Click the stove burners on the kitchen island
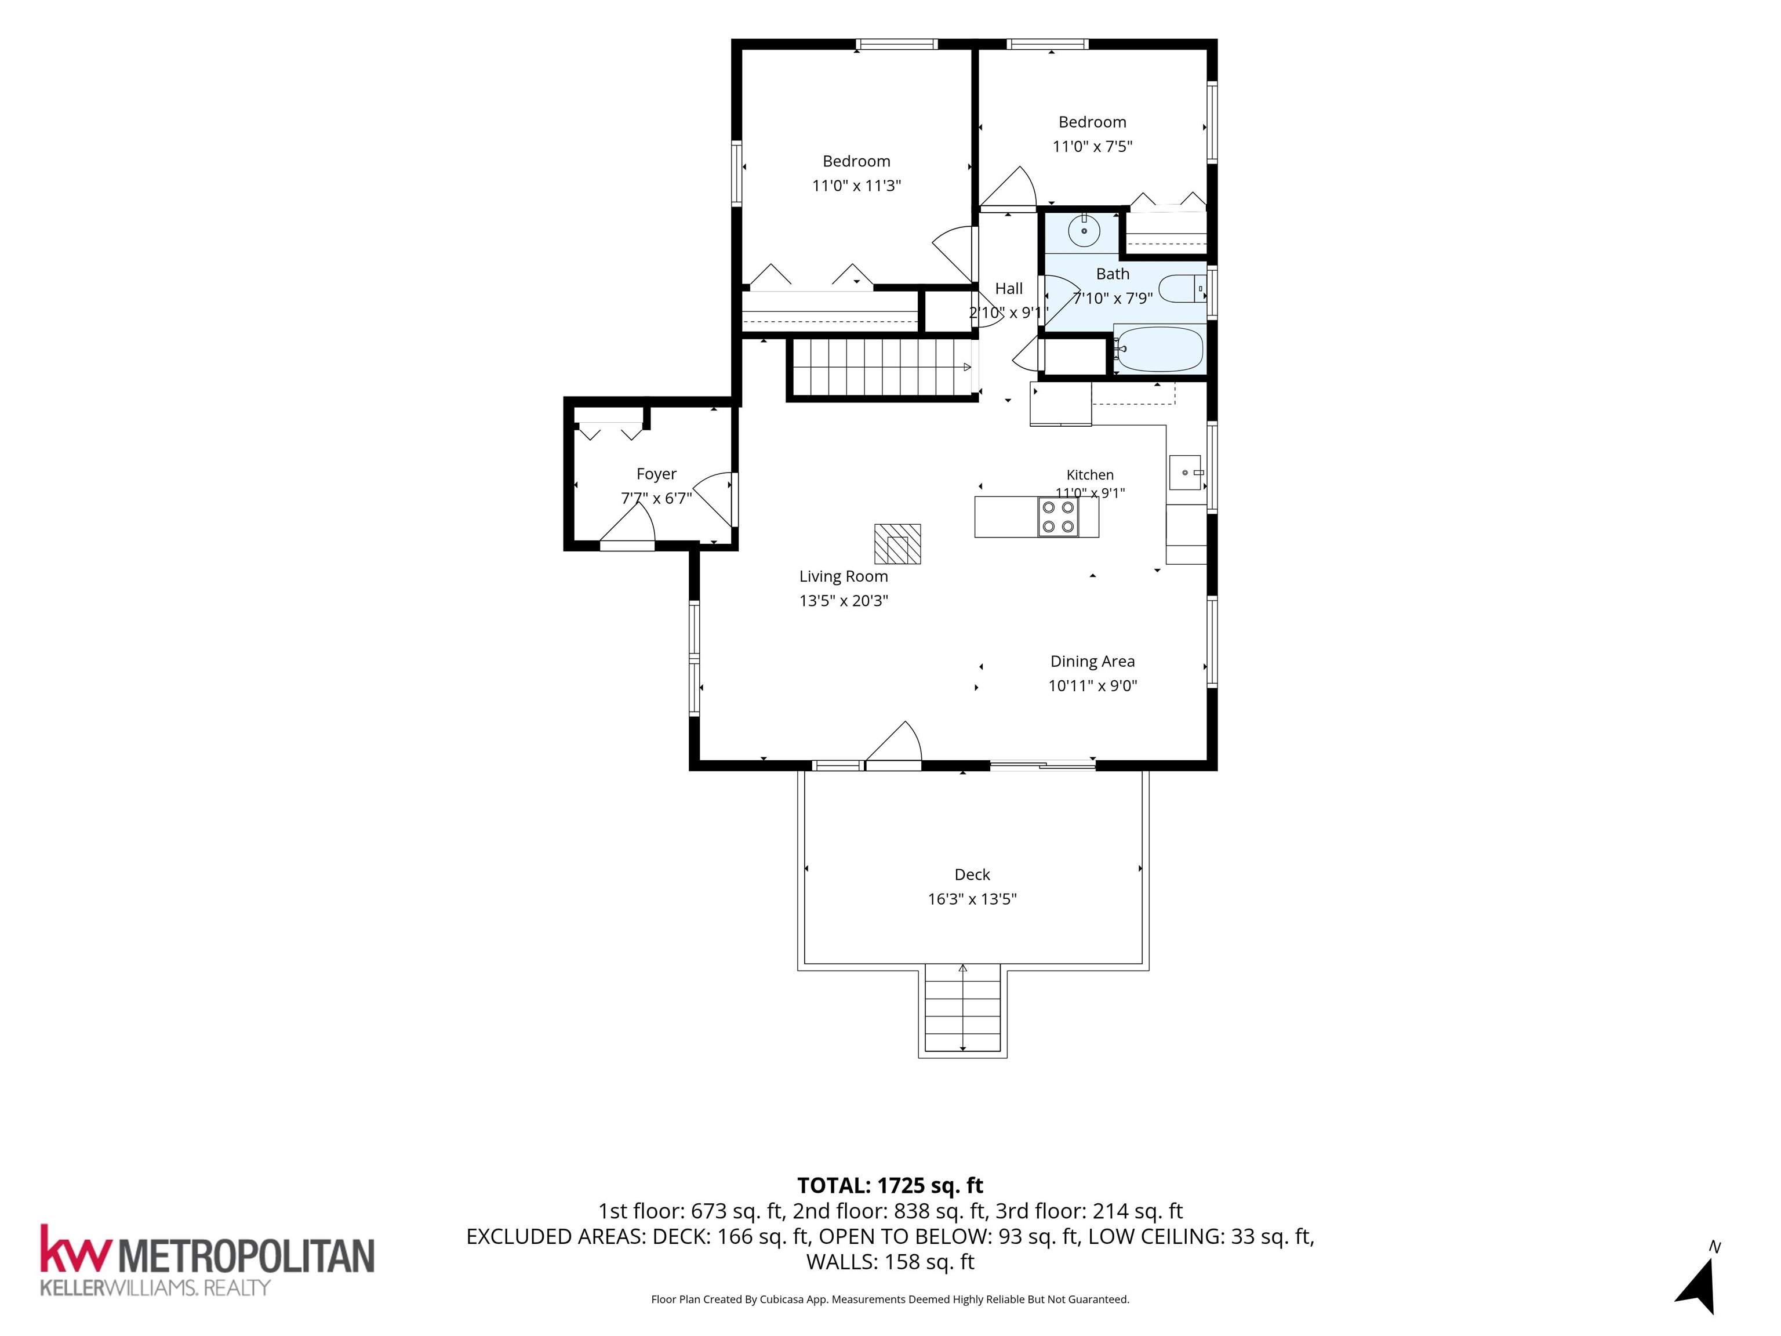click(1057, 517)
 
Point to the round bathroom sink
click(1084, 230)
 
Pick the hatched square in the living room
click(897, 543)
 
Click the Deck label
click(972, 874)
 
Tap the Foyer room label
click(656, 474)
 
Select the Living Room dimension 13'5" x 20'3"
click(844, 601)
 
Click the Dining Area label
click(1093, 661)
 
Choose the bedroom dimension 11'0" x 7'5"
click(1093, 147)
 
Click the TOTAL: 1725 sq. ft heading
click(890, 1185)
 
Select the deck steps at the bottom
click(963, 1010)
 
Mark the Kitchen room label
click(1090, 475)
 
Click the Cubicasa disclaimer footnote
click(890, 1299)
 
